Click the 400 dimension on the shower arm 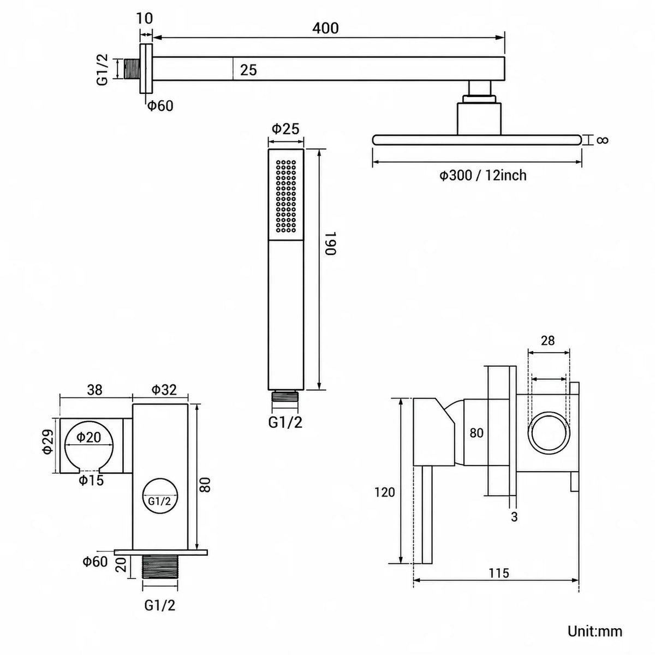coord(325,28)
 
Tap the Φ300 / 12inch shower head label coord(483,175)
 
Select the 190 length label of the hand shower coord(330,243)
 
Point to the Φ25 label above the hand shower coord(285,129)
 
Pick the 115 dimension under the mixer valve coord(499,573)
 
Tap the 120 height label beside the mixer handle coord(384,492)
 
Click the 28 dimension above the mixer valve coord(547,341)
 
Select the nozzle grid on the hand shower coord(286,196)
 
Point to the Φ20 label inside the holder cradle coord(88,437)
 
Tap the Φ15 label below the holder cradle coord(91,480)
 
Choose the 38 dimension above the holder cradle coord(94,390)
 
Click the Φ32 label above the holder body coord(164,390)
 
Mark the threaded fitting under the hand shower coord(285,396)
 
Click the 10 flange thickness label coord(145,19)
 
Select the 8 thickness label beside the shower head coord(603,140)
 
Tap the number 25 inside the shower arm coord(248,70)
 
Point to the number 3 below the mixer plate coord(514,517)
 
